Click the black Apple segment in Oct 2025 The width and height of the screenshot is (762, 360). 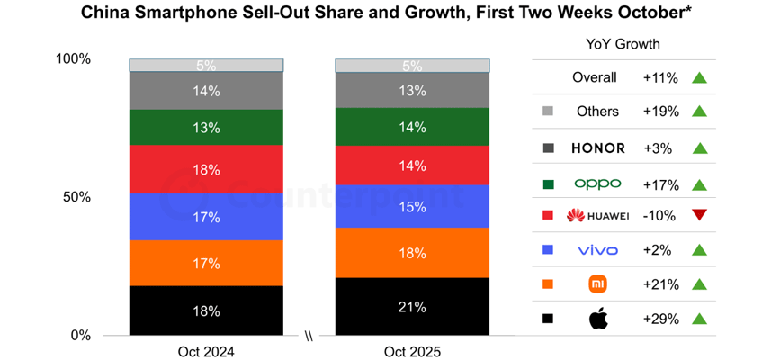tap(413, 306)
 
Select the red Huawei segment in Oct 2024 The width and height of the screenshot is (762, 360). tap(206, 169)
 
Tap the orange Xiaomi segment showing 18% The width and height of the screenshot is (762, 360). tap(413, 253)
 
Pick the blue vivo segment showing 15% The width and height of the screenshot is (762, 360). tap(413, 206)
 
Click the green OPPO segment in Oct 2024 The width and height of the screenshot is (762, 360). tap(206, 128)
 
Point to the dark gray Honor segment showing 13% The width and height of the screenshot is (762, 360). tap(413, 90)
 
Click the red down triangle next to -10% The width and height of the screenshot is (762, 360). tap(699, 215)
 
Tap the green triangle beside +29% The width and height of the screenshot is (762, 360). tap(699, 319)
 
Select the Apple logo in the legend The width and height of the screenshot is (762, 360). tap(598, 318)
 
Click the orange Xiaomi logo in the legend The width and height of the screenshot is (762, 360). tap(598, 284)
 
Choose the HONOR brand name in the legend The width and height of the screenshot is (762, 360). tap(598, 148)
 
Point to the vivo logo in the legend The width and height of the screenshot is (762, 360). tap(598, 250)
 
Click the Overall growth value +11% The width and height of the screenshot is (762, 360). tap(660, 77)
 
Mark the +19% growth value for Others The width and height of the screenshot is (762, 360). tap(660, 112)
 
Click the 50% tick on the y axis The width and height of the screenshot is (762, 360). tap(75, 197)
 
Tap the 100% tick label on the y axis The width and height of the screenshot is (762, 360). tap(73, 59)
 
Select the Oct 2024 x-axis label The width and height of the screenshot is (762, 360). tap(206, 351)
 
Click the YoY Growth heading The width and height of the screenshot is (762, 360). tap(622, 43)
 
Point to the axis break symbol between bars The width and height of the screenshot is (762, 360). tap(309, 338)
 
